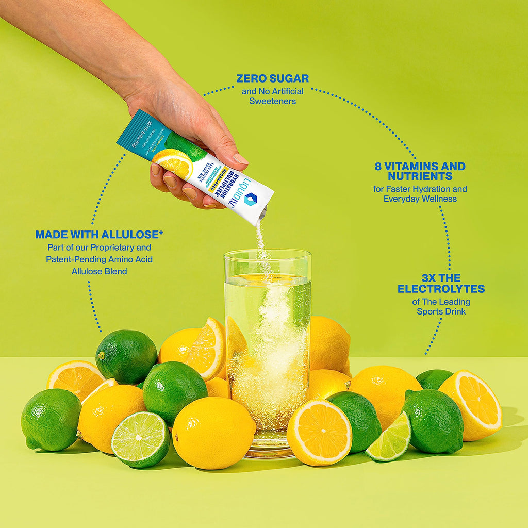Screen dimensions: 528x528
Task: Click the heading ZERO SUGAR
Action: tap(272, 78)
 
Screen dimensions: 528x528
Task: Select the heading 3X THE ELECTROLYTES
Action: tap(441, 283)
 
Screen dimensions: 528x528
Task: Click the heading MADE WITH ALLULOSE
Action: tap(99, 235)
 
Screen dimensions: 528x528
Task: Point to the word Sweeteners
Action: tap(272, 101)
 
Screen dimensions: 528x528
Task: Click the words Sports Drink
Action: tap(441, 312)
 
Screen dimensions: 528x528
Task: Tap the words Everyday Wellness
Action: tap(420, 199)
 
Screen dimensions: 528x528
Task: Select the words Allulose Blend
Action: tap(99, 271)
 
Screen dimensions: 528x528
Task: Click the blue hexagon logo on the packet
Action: tap(251, 200)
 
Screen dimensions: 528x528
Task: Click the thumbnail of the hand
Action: tap(239, 159)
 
